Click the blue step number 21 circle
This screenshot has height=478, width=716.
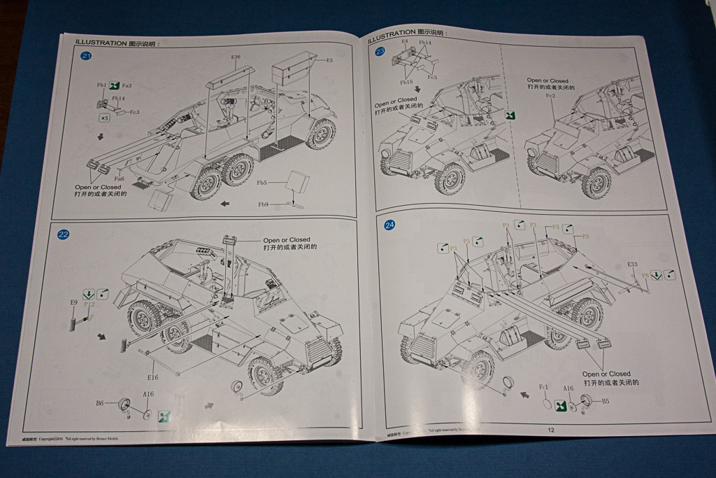coord(87,57)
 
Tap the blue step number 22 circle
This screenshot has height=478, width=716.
coord(63,234)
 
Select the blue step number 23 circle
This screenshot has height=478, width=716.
coord(380,52)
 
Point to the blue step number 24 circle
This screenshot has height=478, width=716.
coord(389,225)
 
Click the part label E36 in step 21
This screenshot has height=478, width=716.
coord(236,57)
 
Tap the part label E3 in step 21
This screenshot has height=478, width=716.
coord(329,61)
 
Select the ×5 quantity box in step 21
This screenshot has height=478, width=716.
coord(104,118)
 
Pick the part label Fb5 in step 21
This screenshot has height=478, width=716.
coord(262,183)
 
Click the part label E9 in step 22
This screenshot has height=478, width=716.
coord(73,302)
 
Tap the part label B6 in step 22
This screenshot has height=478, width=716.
coord(100,403)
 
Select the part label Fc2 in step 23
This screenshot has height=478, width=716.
coord(549,95)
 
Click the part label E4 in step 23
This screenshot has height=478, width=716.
coord(404,42)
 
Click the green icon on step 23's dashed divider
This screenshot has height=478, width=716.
coord(510,115)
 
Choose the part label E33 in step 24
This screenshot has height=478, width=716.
coord(632,264)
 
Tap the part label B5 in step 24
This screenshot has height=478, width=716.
coord(606,401)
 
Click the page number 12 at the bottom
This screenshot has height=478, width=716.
coord(551,430)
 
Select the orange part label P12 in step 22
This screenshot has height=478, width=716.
coord(89,305)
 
